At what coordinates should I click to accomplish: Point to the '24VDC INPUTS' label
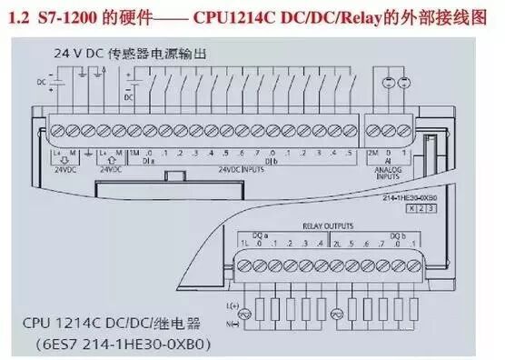tap(243, 168)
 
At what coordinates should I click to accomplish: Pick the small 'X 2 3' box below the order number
tap(420, 208)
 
